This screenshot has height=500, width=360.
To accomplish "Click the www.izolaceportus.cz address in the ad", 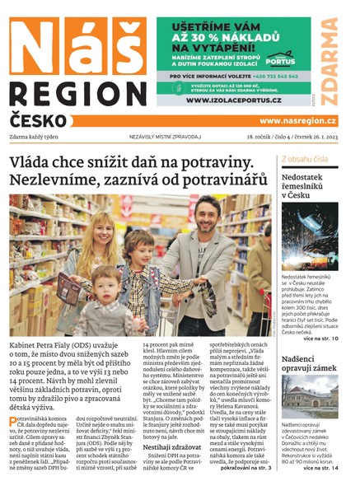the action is (234, 100).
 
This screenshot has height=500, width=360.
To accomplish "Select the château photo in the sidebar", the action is (309, 397).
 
